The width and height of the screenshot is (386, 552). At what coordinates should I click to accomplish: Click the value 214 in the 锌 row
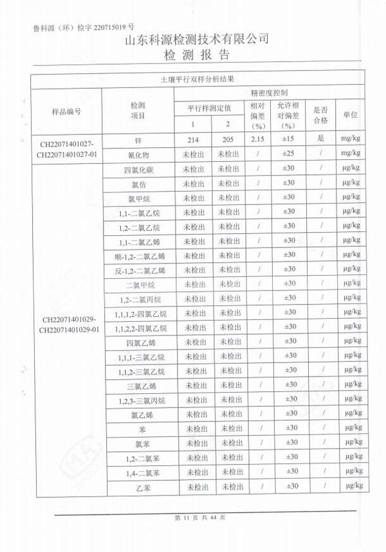[x=191, y=139]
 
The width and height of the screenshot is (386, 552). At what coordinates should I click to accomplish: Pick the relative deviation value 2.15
[x=257, y=139]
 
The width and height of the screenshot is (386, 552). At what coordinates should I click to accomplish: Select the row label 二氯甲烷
[x=140, y=284]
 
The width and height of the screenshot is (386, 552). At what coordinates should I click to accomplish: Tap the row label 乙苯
[x=140, y=486]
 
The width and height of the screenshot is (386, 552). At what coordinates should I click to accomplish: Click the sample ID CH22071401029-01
[x=69, y=329]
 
